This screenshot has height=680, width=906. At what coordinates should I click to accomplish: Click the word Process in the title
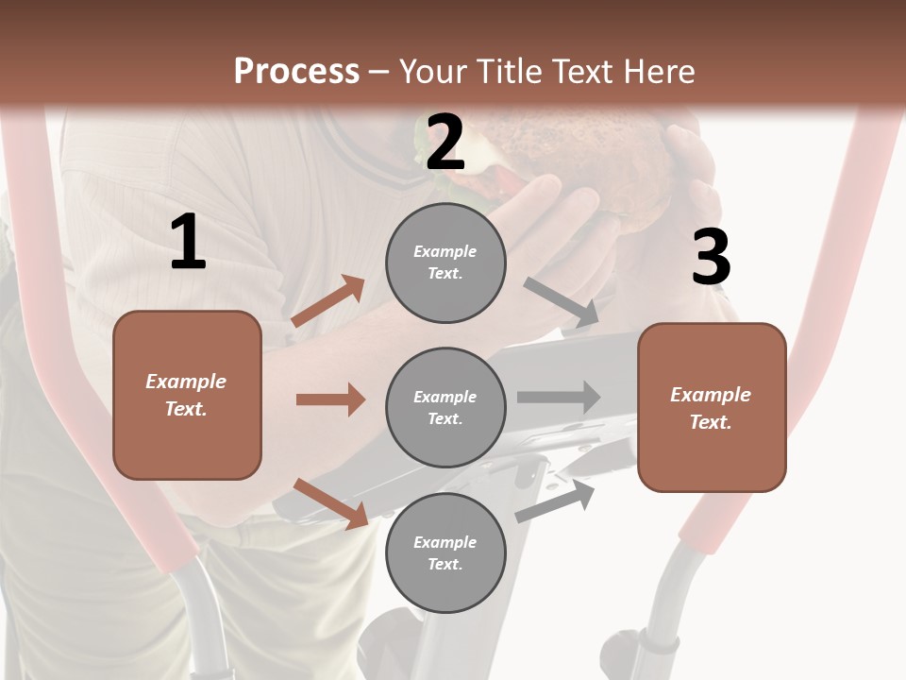coord(296,71)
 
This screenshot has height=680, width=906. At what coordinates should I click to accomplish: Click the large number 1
coord(188,243)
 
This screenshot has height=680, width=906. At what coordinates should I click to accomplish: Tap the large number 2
coord(445,143)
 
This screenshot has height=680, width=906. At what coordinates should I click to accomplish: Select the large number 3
coord(711,257)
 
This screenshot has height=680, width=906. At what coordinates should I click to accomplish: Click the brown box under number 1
coord(187,395)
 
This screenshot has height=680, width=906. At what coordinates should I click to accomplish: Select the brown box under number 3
coord(712,407)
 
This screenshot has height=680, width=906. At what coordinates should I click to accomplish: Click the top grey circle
coord(445,262)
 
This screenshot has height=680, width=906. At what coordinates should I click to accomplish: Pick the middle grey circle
coord(445,407)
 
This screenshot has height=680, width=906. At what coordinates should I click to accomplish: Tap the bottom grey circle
coord(445,552)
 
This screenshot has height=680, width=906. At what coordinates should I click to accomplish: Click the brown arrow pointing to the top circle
coord(328,301)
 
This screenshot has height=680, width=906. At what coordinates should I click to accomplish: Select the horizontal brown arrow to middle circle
coord(330,399)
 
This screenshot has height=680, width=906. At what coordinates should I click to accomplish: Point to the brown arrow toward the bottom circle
coord(330,503)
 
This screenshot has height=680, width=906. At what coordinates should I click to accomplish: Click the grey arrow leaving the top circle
coord(561,302)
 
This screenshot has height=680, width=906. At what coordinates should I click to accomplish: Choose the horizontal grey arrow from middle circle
coord(559,397)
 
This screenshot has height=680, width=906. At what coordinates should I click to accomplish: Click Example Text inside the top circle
coord(445,262)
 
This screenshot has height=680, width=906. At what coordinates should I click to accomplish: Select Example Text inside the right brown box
coord(711,408)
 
